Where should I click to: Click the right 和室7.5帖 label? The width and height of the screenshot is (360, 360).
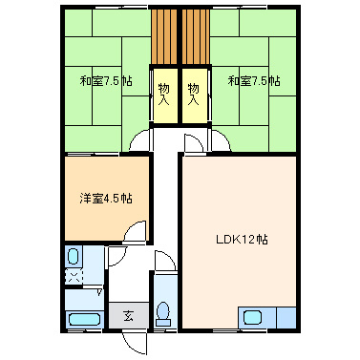click(x=254, y=82)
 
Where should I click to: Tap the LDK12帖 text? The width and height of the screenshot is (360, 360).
click(x=241, y=239)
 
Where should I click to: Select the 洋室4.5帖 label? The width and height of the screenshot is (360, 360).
click(x=105, y=199)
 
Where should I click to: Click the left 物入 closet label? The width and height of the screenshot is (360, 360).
click(x=164, y=92)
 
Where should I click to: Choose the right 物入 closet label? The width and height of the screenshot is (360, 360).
click(x=195, y=92)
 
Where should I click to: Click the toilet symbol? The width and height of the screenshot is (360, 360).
click(x=163, y=311)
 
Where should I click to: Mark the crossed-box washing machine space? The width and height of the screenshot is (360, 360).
click(x=74, y=277)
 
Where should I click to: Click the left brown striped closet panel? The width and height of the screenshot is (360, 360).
click(x=164, y=35)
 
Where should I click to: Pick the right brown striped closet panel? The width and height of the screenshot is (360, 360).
click(x=195, y=35)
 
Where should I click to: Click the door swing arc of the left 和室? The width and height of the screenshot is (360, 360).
click(x=140, y=141)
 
